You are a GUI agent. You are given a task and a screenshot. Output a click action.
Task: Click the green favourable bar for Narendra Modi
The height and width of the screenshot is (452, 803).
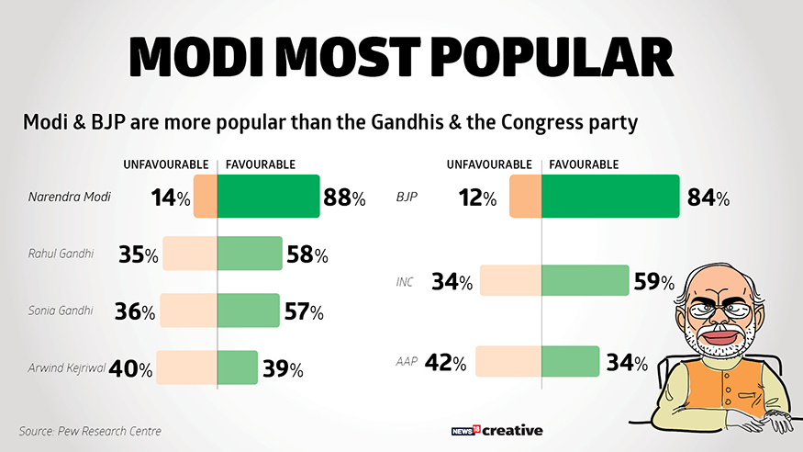(x=269, y=197)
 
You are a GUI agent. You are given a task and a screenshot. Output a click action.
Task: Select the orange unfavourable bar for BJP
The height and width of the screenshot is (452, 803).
(x=525, y=197)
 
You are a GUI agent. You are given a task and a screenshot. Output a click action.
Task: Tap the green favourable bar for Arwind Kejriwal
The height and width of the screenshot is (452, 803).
(x=238, y=367)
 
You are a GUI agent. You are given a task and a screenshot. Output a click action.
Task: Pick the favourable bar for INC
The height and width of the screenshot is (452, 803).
(x=585, y=281)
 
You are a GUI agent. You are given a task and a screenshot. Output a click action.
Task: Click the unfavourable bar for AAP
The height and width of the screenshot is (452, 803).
(x=508, y=362)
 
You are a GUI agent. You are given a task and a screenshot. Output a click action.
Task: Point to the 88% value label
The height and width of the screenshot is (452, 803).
(x=345, y=198)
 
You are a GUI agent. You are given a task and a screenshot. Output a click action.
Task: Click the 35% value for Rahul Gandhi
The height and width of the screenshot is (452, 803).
(x=139, y=254)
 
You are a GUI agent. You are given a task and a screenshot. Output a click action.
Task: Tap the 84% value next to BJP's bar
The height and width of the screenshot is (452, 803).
(x=708, y=198)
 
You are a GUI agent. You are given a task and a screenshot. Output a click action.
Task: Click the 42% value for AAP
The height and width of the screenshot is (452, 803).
(x=446, y=363)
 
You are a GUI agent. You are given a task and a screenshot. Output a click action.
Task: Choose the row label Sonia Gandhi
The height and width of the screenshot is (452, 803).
(x=61, y=311)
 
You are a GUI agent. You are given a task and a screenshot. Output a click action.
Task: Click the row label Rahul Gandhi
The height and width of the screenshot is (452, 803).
(x=61, y=254)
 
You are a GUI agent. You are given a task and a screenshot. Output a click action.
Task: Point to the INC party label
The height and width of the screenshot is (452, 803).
(x=405, y=282)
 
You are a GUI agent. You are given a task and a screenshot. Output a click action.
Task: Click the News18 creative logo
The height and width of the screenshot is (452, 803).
(x=497, y=430)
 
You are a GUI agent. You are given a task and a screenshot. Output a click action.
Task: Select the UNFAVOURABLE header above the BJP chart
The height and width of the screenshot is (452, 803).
(x=489, y=164)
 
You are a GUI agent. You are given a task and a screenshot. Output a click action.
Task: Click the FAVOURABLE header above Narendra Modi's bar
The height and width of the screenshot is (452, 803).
(x=260, y=164)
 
